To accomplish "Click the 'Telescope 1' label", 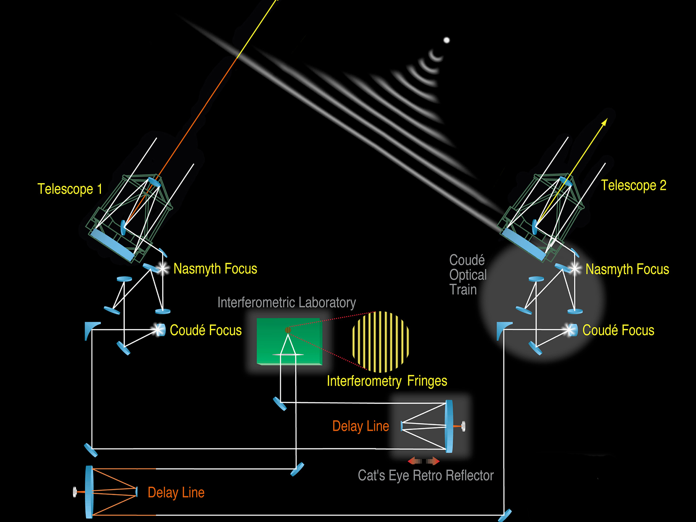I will (x=70, y=189).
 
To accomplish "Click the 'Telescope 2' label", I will (x=633, y=186).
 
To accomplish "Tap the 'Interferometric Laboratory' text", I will (x=286, y=302).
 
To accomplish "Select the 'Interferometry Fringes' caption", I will (x=387, y=381).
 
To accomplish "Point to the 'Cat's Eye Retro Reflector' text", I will (x=425, y=475).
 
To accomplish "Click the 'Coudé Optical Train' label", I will (x=468, y=275).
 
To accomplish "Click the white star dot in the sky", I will (x=447, y=40).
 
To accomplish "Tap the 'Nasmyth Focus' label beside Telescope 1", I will (x=215, y=269).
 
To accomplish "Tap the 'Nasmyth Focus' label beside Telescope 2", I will (x=627, y=269).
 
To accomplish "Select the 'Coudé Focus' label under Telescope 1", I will (x=206, y=330).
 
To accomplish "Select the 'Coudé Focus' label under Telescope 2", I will (x=618, y=330).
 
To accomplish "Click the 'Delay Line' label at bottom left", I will (x=176, y=492).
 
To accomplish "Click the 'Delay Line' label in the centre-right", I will (x=361, y=426).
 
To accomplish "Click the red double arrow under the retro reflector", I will (x=423, y=461).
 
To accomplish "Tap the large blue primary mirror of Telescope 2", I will (x=523, y=244).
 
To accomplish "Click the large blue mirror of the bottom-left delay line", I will (x=89, y=492).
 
